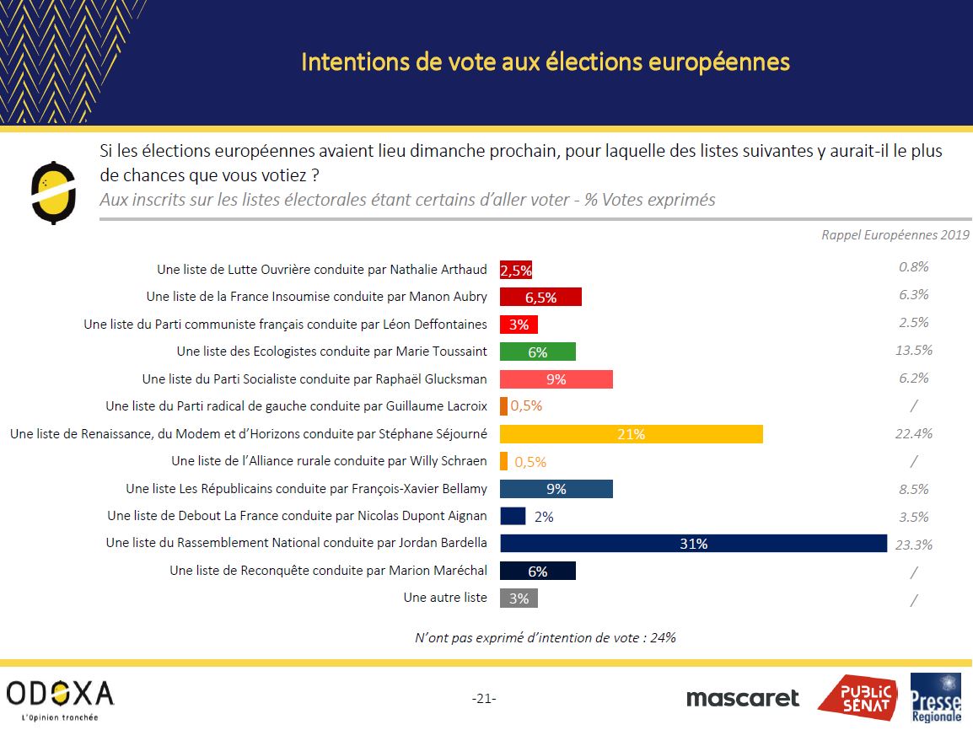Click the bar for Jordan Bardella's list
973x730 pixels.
point(693,543)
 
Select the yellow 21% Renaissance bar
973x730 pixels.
point(631,434)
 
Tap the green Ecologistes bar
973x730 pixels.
point(537,352)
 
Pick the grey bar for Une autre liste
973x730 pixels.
point(519,598)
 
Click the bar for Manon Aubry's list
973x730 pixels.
point(540,297)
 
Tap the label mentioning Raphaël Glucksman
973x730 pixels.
point(314,378)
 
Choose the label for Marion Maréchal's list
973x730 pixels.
point(328,571)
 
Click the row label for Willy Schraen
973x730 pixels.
point(329,461)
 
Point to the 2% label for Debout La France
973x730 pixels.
point(544,516)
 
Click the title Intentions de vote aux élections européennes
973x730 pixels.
point(546,62)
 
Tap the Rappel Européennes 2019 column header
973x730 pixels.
point(895,235)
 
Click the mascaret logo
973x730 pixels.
point(742,698)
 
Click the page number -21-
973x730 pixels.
point(484,698)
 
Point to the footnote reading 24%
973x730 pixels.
point(545,637)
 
